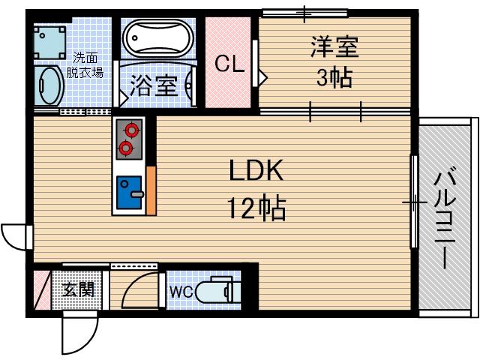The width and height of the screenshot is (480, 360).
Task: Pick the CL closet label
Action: pos(229,64)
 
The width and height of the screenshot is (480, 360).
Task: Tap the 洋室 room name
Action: pos(334,47)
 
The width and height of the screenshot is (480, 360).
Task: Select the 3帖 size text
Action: pos(334,76)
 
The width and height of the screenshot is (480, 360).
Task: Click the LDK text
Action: pos(255,172)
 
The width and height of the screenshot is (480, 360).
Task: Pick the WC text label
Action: pos(181,291)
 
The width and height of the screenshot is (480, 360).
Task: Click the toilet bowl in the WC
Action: pos(217,291)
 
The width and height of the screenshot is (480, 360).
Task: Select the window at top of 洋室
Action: pos(304,13)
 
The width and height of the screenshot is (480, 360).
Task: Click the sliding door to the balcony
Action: pos(413,202)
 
